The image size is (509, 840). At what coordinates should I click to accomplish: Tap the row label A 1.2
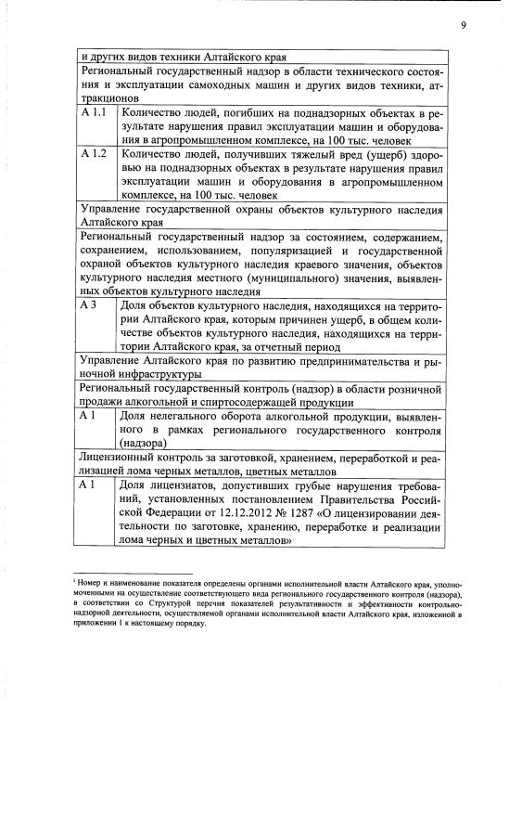tap(94, 154)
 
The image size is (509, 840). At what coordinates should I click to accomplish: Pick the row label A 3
tap(89, 306)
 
